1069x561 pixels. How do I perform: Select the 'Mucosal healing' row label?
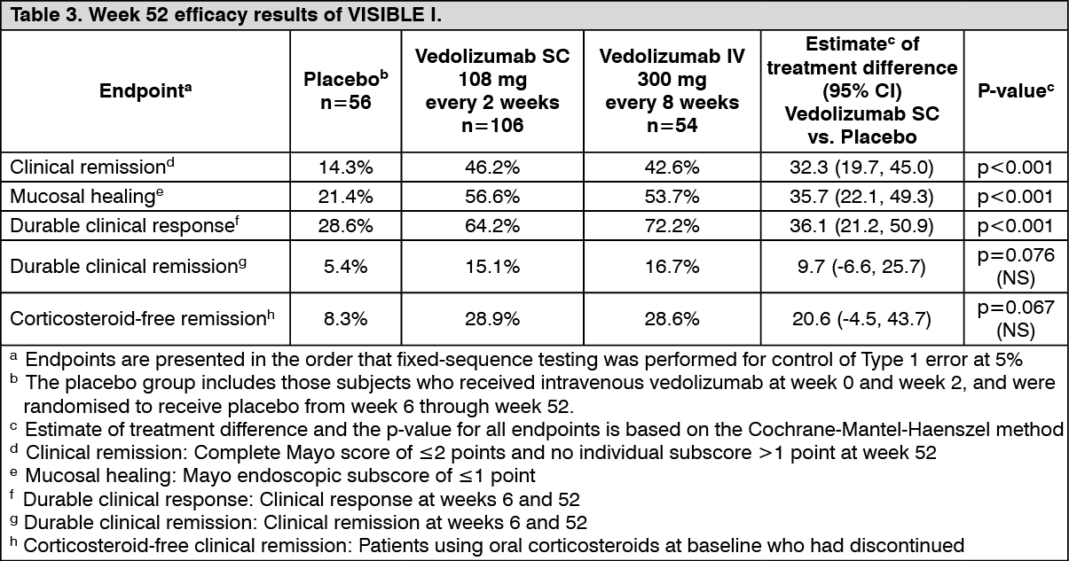(80, 196)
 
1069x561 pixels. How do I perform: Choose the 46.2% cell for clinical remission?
(492, 167)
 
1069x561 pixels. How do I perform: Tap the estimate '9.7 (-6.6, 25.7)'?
(862, 266)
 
